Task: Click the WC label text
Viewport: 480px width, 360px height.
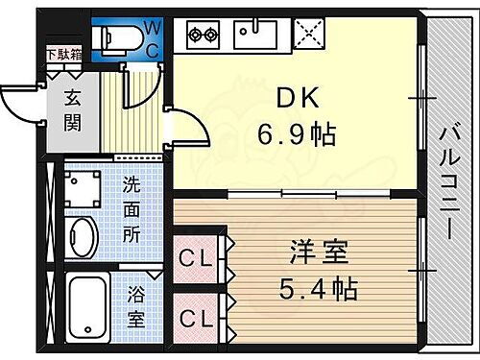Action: pos(151,35)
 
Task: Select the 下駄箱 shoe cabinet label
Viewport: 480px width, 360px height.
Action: pos(63,55)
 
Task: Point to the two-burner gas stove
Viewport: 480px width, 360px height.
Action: pos(202,36)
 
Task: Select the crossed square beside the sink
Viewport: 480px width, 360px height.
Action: pos(308,36)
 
